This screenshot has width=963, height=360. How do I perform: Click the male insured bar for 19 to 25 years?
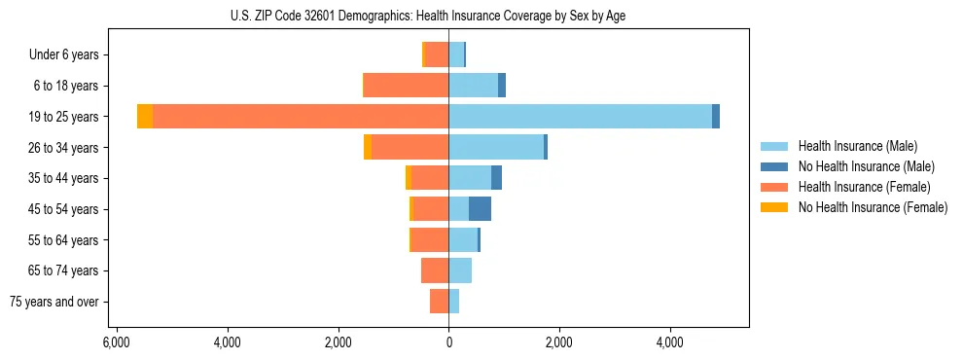pos(580,117)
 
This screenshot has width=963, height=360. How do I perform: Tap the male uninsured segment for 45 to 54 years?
pos(480,209)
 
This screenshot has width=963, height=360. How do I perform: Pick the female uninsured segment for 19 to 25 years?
pos(145,117)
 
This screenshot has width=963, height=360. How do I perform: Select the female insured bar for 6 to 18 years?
pos(406,86)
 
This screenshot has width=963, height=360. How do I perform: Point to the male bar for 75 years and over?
pos(454,302)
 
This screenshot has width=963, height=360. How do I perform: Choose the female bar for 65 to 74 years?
pos(435,270)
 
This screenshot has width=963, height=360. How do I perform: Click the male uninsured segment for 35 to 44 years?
pos(496,178)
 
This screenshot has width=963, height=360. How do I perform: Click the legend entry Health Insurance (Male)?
pos(857,146)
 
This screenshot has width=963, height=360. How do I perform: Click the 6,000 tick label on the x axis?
pos(116,343)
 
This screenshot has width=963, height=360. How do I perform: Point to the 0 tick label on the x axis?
pos(448,343)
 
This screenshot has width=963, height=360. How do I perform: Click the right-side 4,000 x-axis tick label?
pos(670,343)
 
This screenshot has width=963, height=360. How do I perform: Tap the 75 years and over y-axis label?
pos(54,302)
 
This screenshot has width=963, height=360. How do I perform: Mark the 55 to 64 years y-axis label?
pos(63,240)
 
